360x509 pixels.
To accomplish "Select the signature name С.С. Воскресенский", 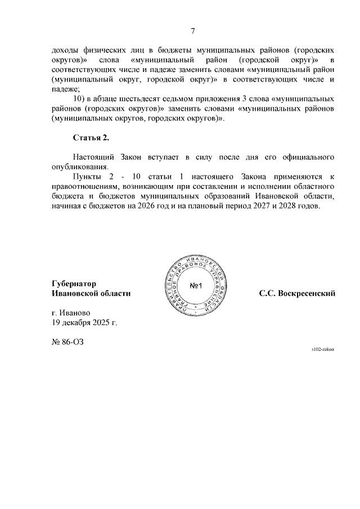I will tap(298, 293).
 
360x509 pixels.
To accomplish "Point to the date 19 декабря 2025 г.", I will tap(85, 323).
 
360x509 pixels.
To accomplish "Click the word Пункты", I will tap(88, 176).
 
